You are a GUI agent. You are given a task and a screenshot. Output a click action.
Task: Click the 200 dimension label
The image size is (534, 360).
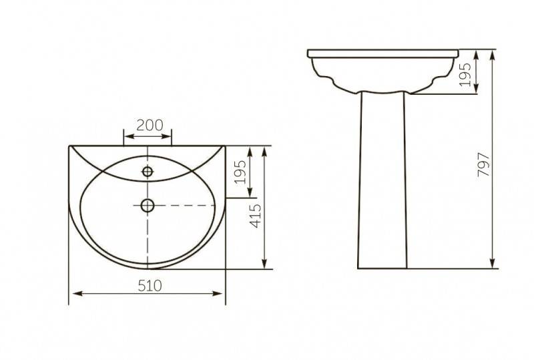(x=150, y=126)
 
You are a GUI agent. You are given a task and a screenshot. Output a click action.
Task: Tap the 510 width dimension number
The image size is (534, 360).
(x=150, y=286)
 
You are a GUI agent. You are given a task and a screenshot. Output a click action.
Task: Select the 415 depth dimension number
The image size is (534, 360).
(x=256, y=216)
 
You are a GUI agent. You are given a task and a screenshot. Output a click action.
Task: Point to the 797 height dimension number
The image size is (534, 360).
(x=483, y=165)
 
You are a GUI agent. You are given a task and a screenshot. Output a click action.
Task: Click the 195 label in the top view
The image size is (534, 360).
(x=241, y=172)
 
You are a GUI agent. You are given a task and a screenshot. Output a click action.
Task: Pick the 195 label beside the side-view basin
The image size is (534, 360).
(x=465, y=74)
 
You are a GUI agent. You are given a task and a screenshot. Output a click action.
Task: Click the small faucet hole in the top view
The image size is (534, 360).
(x=148, y=172)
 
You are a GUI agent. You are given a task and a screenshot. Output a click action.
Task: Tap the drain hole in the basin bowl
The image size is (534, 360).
(x=148, y=205)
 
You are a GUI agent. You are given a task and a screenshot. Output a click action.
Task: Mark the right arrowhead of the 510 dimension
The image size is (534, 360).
(x=218, y=293)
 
